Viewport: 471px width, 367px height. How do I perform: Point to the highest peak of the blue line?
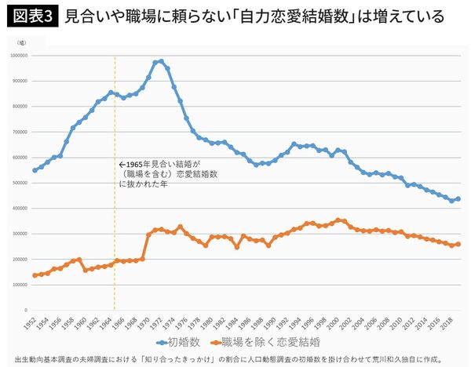point(161,61)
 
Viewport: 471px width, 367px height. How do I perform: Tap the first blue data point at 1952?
point(35,170)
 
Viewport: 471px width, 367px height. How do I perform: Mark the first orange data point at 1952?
point(35,275)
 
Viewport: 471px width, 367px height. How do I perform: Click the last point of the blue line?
point(458,199)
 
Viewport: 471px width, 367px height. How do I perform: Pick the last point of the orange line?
point(458,244)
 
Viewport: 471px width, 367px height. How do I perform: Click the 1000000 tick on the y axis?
point(18,56)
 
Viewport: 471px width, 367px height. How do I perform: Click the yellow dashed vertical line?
point(115,235)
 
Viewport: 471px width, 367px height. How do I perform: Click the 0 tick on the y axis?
point(27,309)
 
